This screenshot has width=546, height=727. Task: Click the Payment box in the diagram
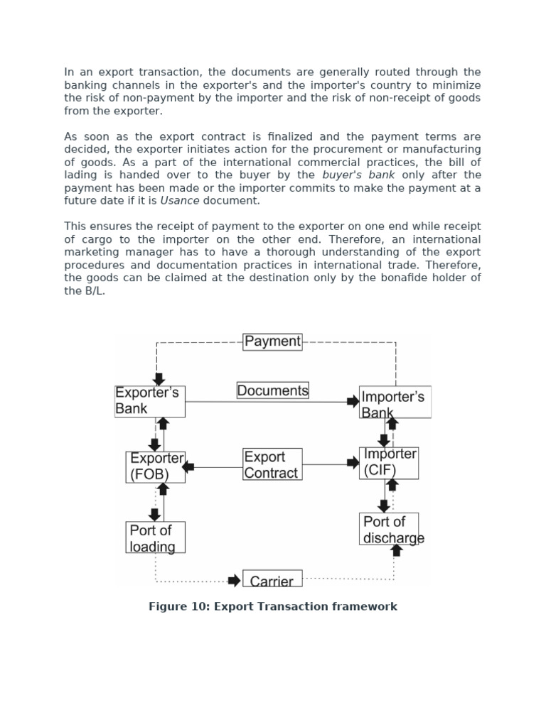pos(272,341)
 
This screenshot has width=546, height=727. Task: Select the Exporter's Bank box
pos(149,401)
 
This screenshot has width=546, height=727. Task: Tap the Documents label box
pos(272,390)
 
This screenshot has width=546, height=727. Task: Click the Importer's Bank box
pos(395,403)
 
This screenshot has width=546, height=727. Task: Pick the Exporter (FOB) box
pos(156,467)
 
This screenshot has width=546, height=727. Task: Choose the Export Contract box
pos(272,464)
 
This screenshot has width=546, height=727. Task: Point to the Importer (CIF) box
pos(388,463)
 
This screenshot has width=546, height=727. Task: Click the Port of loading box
pos(155,537)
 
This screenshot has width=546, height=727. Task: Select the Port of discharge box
pos(389,529)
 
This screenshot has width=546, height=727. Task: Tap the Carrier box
pos(272,579)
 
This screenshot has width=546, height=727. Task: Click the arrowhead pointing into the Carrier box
pos(234,581)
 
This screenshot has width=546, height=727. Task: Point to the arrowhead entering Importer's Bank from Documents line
pos(353,402)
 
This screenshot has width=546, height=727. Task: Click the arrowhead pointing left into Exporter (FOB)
pos(188,466)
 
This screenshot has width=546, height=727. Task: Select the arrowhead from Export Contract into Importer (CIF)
pos(353,463)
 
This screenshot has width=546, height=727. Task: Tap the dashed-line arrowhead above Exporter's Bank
pos(159,379)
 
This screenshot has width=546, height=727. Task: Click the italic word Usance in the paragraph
pos(180,201)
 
